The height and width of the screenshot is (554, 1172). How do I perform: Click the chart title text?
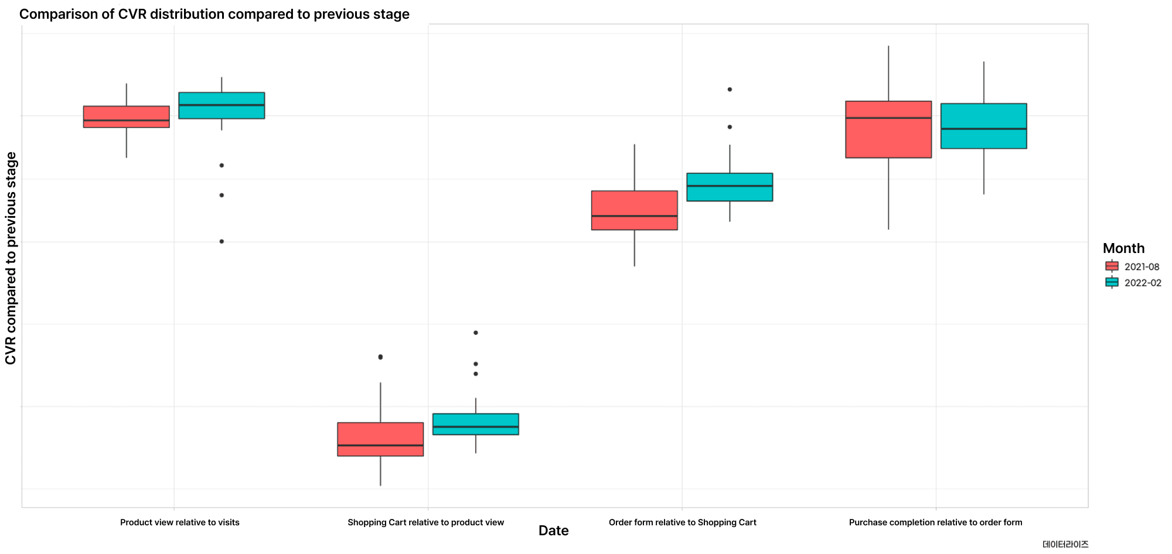pyautogui.click(x=214, y=14)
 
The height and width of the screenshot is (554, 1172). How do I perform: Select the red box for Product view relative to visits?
pyautogui.click(x=127, y=117)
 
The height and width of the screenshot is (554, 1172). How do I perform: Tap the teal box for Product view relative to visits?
pyautogui.click(x=222, y=105)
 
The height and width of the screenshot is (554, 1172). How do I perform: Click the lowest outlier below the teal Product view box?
pyautogui.click(x=222, y=241)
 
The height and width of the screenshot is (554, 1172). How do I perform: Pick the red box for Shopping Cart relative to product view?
pyautogui.click(x=380, y=439)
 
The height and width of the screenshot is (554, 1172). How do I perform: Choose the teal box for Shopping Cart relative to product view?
pyautogui.click(x=476, y=424)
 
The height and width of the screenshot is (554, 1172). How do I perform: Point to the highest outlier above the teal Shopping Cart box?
pyautogui.click(x=476, y=333)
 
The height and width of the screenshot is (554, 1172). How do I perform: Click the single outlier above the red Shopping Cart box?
pyautogui.click(x=380, y=357)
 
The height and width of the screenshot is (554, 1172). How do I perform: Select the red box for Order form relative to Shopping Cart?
pyautogui.click(x=635, y=210)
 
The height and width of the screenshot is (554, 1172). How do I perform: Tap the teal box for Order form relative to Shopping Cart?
pyautogui.click(x=730, y=187)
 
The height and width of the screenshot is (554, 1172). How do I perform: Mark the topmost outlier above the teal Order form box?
pyautogui.click(x=730, y=90)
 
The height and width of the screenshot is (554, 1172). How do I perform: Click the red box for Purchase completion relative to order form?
pyautogui.click(x=888, y=129)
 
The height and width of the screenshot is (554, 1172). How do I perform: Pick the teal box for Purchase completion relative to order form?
pyautogui.click(x=984, y=126)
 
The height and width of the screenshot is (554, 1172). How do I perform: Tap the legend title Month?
pyautogui.click(x=1123, y=248)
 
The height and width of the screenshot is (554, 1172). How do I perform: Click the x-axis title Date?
pyautogui.click(x=553, y=531)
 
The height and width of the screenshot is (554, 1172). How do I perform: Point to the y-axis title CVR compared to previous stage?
pyautogui.click(x=11, y=258)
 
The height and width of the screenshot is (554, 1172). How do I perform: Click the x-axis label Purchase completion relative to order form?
pyautogui.click(x=935, y=522)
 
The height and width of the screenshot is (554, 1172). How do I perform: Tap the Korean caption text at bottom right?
pyautogui.click(x=1065, y=544)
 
